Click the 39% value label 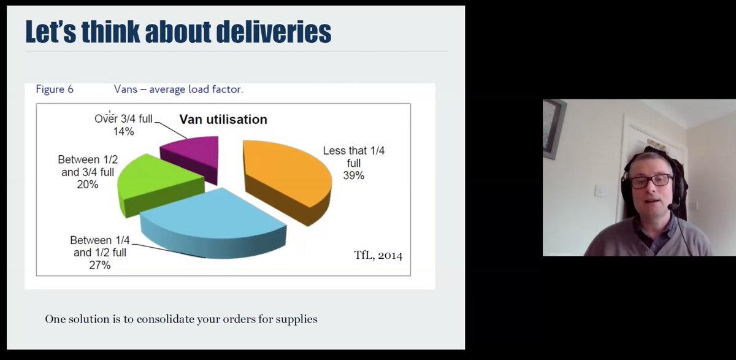(354, 175)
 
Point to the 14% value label (123, 131)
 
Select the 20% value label (88, 184)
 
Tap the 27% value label (100, 266)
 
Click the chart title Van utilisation (223, 120)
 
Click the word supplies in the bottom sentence (297, 320)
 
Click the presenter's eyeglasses (650, 181)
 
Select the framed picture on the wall (553, 129)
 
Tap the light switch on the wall (601, 191)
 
